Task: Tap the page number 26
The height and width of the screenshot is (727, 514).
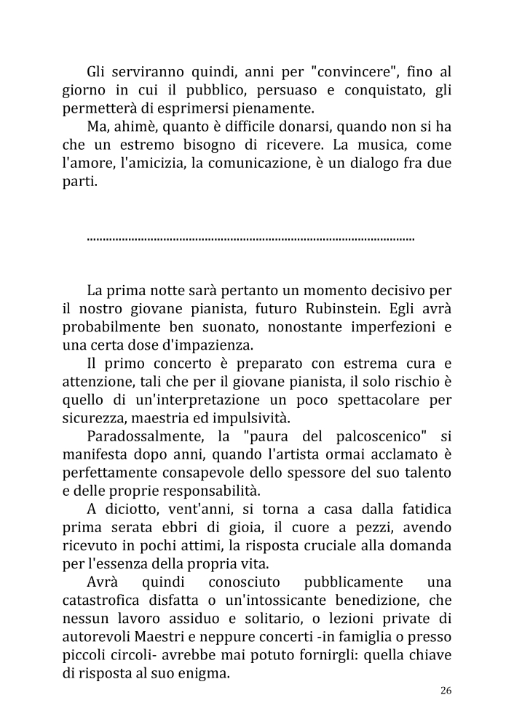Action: (x=446, y=690)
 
